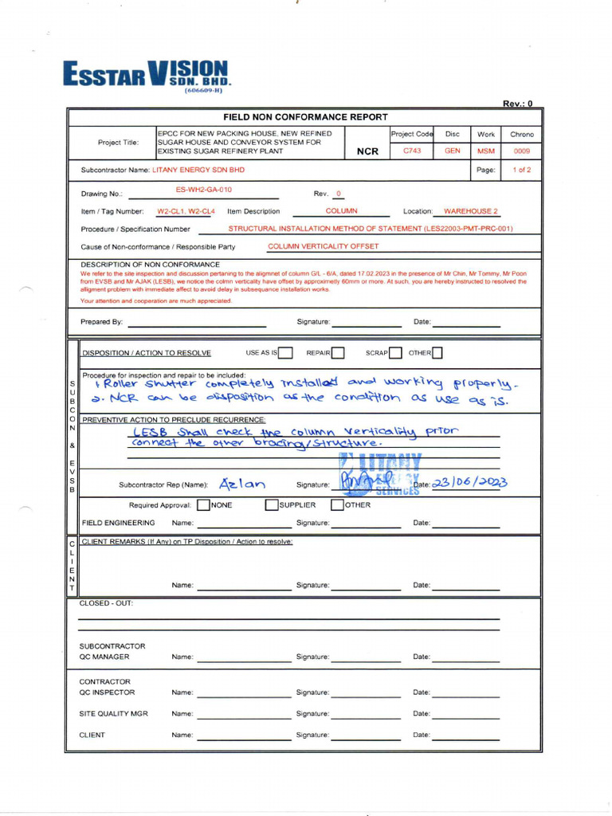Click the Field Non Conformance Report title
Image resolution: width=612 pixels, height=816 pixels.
coord(305,116)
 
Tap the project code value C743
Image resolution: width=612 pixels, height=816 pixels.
coord(412,150)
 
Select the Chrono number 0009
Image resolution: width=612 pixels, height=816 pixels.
coord(521,150)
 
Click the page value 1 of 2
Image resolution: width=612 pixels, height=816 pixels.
coord(521,170)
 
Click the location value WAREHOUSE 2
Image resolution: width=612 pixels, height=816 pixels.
coord(470,211)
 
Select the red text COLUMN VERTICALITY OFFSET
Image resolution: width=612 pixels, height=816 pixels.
coord(324,246)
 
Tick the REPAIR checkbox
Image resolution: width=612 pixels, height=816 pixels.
coord(338,353)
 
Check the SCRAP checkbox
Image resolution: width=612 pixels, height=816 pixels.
coord(395,353)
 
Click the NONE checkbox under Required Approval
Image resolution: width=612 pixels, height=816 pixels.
coord(204,504)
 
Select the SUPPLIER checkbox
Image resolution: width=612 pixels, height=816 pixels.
coord(272,504)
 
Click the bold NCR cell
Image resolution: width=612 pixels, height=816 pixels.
coord(367,151)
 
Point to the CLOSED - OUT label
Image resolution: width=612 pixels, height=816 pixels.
coord(106,603)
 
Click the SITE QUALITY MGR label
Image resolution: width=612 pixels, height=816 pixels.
coord(113,714)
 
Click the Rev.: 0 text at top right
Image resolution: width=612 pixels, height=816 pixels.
coord(517,104)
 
